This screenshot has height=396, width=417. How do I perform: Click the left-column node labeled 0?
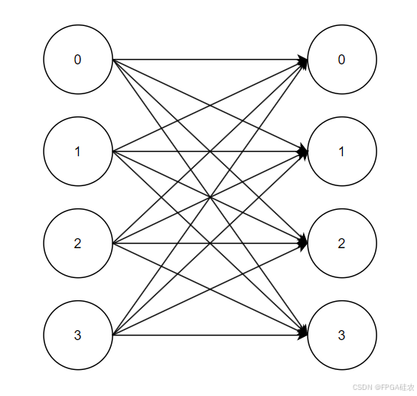tap(77, 60)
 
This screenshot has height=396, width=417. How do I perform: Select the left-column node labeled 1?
tap(77, 152)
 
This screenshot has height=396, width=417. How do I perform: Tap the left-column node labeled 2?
tap(77, 244)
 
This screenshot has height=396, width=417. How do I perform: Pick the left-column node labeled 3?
tap(77, 335)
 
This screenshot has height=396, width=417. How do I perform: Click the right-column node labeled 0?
tap(341, 60)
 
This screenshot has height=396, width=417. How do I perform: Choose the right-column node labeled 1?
tap(341, 152)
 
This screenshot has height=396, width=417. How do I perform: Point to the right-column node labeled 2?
tap(341, 244)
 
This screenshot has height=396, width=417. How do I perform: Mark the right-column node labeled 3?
tap(341, 335)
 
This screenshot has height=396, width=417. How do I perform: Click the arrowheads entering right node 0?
tap(303, 61)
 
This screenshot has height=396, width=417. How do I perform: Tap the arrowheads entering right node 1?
tap(303, 152)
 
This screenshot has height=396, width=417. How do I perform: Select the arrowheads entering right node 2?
tap(303, 244)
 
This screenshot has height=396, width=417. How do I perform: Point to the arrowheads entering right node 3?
tap(303, 334)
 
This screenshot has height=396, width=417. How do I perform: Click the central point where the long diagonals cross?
tap(210, 198)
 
